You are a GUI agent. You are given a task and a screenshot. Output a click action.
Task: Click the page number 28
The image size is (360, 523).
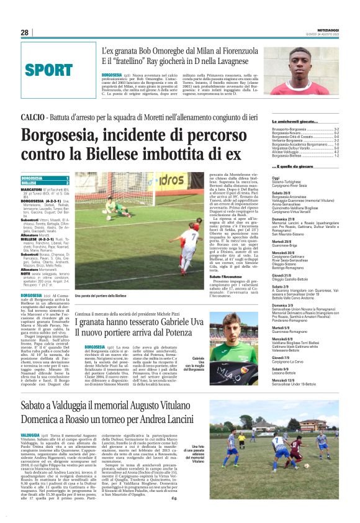pyautogui.click(x=25, y=32)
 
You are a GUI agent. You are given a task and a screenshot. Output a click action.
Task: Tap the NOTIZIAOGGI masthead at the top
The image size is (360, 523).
pyautogui.click(x=326, y=30)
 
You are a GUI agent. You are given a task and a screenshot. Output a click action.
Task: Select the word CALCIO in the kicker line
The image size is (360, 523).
pyautogui.click(x=33, y=117)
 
